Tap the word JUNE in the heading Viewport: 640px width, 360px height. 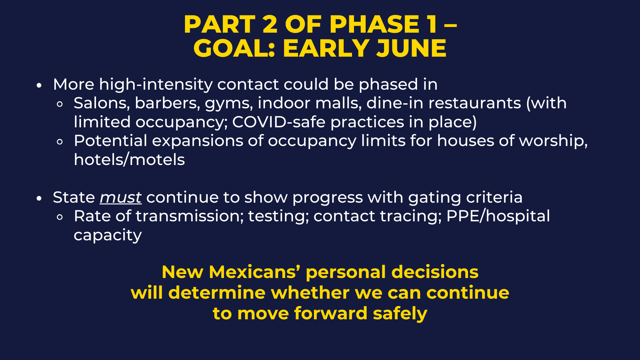coord(411,48)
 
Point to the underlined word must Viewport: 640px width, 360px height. coord(121,197)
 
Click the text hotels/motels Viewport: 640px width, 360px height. coord(129,160)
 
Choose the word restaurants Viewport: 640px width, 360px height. coord(475,103)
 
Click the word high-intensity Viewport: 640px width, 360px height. coord(156,85)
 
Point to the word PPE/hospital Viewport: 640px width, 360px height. coord(498,216)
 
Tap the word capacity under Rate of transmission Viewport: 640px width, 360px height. coord(108,235)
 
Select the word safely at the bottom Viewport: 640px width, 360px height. coord(400,314)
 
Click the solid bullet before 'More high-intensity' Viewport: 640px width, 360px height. coord(39,85)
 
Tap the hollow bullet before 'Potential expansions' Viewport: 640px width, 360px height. coord(60,142)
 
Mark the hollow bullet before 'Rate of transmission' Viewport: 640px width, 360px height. coord(60,217)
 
